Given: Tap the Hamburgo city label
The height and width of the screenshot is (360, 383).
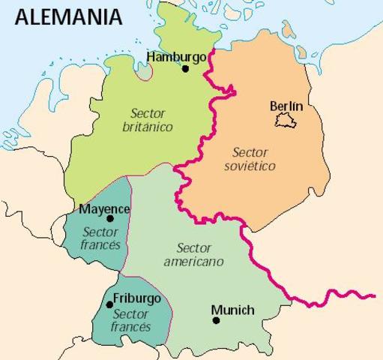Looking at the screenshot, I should pos(177,56).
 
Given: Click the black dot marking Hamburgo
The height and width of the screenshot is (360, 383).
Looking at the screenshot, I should pos(185,69).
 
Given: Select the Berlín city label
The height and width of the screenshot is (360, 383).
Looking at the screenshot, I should pos(286,106).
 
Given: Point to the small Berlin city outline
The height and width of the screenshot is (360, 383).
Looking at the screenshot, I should pos(285,120).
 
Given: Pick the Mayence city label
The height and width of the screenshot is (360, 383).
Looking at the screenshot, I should pos(103,208).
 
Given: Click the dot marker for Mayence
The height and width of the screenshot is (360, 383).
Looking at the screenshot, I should pos(110,219).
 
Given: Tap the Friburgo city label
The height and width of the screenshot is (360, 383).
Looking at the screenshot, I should pos(136,298).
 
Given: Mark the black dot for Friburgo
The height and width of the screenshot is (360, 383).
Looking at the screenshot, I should pos(110,304).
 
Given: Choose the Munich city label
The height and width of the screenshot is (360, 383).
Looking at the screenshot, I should pos(232,310).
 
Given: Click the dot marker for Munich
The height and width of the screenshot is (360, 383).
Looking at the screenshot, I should pos(216,320).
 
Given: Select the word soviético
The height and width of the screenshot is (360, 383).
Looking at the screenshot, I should pos(250,165).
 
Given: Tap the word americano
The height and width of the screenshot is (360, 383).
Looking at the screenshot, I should pos(193,262).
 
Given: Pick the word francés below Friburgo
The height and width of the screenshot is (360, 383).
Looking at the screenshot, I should pos(131,326).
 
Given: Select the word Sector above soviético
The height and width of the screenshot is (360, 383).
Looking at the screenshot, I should pos(250,151).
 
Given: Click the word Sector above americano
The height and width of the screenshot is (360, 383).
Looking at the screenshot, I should pos(193,248).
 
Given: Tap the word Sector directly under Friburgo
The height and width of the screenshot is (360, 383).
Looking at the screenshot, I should pos(132,313).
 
